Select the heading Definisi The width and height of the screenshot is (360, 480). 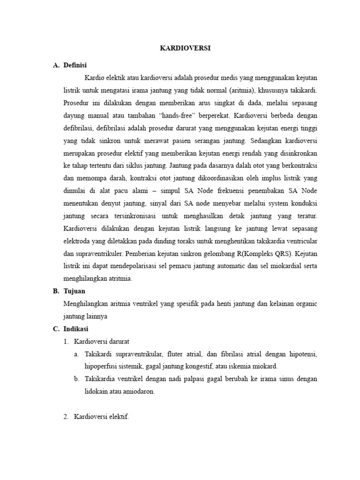75,65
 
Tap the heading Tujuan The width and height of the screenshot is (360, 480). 75,291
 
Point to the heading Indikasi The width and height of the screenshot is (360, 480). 76,329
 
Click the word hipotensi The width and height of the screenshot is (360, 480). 302,354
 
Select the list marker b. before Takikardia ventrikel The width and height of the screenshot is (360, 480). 77,379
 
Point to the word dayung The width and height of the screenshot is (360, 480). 75,114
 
